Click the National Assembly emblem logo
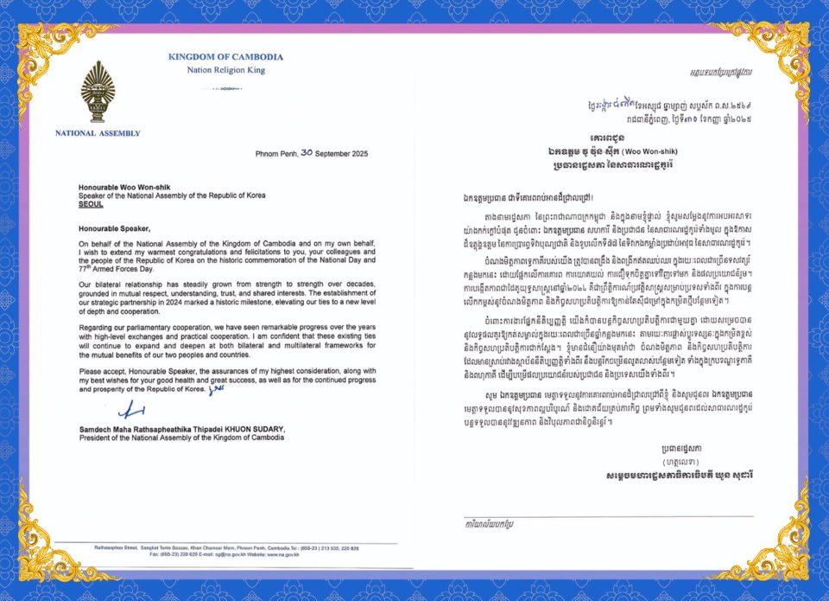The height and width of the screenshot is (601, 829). pyautogui.click(x=98, y=92)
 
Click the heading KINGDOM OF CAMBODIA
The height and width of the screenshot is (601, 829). pyautogui.click(x=225, y=57)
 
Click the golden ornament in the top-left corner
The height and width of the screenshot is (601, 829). pyautogui.click(x=43, y=52)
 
